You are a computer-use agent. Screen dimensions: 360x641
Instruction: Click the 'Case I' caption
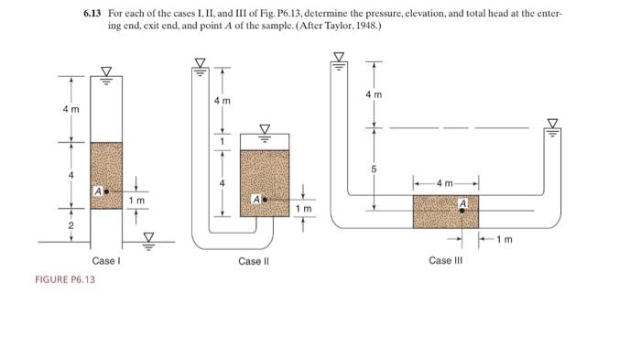coord(104,261)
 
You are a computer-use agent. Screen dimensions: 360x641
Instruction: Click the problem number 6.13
coord(92,16)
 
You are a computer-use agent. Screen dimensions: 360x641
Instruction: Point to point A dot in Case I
coord(108,191)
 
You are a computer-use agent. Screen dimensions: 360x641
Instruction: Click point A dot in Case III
coord(462,210)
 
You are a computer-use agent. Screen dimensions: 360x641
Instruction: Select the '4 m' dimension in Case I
coord(65,109)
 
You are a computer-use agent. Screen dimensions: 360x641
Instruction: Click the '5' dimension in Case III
coord(373,168)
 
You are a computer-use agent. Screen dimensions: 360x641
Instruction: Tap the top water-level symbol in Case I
coord(105,71)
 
